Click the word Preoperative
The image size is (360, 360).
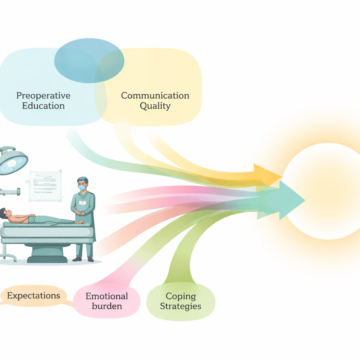43,96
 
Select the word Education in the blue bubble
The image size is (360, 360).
43,106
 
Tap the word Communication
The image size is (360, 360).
155,96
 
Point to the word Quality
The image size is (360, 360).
155,106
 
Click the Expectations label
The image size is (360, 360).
34,296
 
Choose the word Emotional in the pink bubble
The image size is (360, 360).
107,296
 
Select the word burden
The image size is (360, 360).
107,306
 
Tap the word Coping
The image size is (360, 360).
180,296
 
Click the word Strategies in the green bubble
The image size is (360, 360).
180,306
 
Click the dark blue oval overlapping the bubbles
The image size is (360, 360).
89,60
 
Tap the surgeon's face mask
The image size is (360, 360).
82,188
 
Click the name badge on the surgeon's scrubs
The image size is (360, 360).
83,203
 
